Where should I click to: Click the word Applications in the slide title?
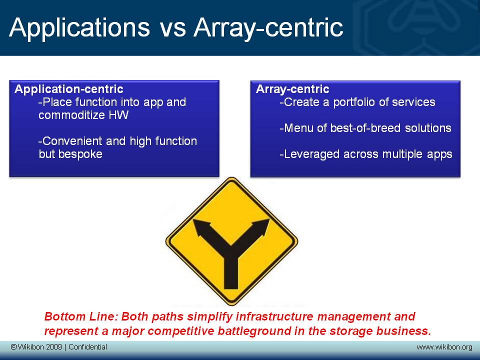tap(79, 28)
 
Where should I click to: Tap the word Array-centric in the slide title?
tap(268, 28)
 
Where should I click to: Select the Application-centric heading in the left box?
tap(69, 89)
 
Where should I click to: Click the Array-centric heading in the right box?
tap(292, 89)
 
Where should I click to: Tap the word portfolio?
tap(354, 102)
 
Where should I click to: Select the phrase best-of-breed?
tap(365, 128)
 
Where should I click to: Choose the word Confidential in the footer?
tap(88, 347)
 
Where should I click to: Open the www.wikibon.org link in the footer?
tap(444, 347)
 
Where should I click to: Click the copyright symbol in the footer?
tap(13, 347)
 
